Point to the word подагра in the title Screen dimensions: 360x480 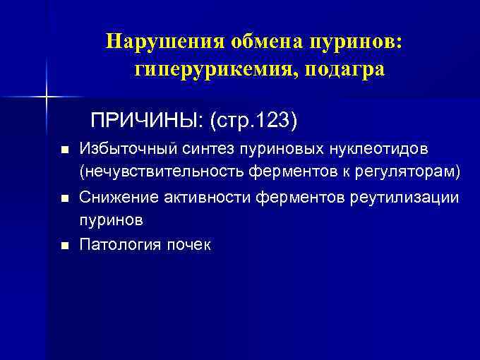[346, 70]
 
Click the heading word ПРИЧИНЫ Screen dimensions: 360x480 [144, 121]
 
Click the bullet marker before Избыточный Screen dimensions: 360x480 [64, 151]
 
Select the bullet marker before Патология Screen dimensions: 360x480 [64, 246]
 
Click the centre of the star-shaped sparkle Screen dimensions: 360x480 [47, 95]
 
